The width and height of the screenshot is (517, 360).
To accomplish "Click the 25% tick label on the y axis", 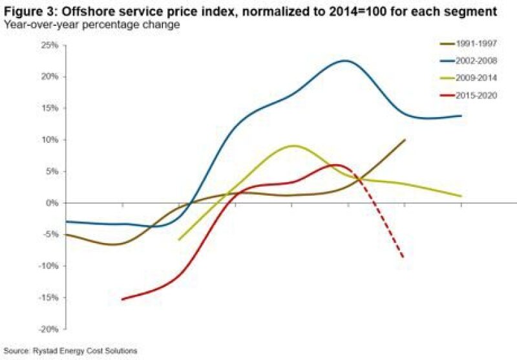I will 50,45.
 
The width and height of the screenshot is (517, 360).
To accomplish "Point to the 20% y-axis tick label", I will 50,76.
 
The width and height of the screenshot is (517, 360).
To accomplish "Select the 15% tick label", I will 50,108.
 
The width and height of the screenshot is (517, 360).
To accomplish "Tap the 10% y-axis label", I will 50,140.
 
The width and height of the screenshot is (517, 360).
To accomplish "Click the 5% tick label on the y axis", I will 52,171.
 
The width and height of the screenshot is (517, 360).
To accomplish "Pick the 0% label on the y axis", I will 52,203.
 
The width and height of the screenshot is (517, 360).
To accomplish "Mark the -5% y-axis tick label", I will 50,235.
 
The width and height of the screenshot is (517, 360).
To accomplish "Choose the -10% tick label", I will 48,266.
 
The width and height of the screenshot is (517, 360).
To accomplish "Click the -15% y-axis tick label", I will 48,297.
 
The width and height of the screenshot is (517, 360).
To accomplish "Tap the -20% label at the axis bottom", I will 48,329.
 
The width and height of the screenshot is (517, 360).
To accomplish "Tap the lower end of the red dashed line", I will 404,258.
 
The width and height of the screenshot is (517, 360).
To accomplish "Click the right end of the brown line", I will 405,140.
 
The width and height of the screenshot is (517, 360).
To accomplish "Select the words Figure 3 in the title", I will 25,11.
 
